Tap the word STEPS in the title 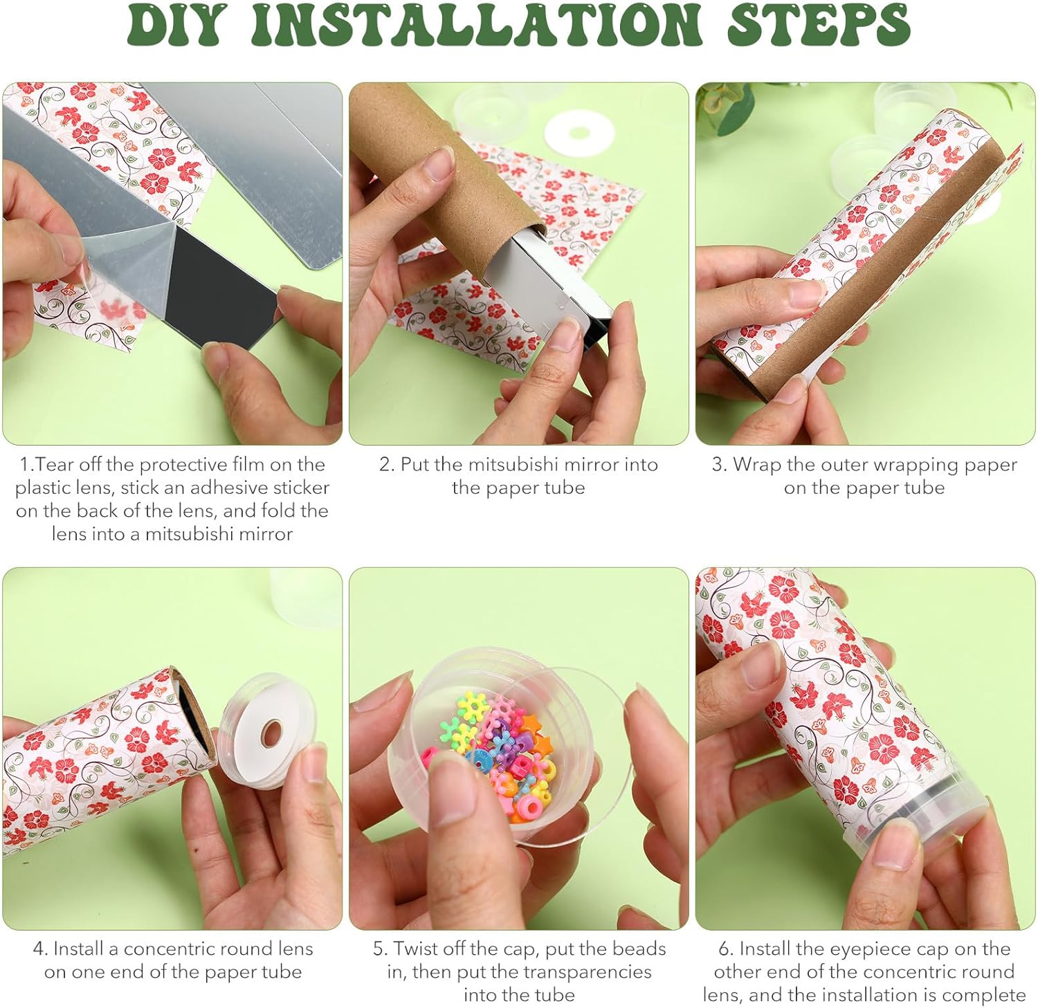click(x=819, y=26)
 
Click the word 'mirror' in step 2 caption click(x=588, y=464)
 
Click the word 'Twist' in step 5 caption click(x=418, y=949)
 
